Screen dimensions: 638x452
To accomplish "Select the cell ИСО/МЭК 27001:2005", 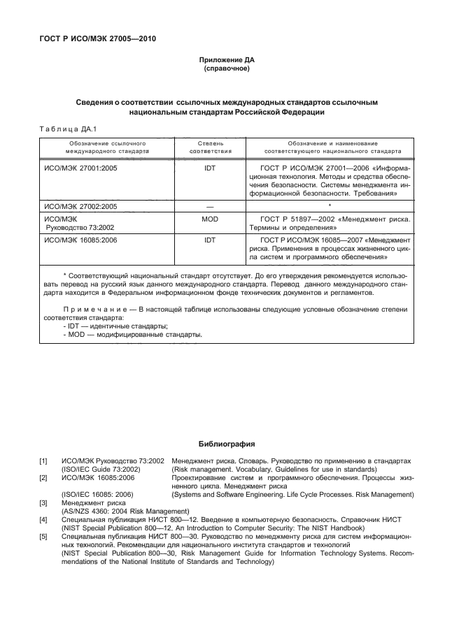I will [79, 169].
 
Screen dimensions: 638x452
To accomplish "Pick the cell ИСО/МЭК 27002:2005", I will [79, 207].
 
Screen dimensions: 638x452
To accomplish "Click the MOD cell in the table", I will [209, 219].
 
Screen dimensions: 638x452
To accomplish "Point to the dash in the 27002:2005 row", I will [209, 207].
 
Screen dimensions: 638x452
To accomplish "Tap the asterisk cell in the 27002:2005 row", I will [330, 206].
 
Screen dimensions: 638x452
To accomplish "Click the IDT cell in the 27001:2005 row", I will [209, 169].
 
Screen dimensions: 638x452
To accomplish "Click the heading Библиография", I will [226, 444].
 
